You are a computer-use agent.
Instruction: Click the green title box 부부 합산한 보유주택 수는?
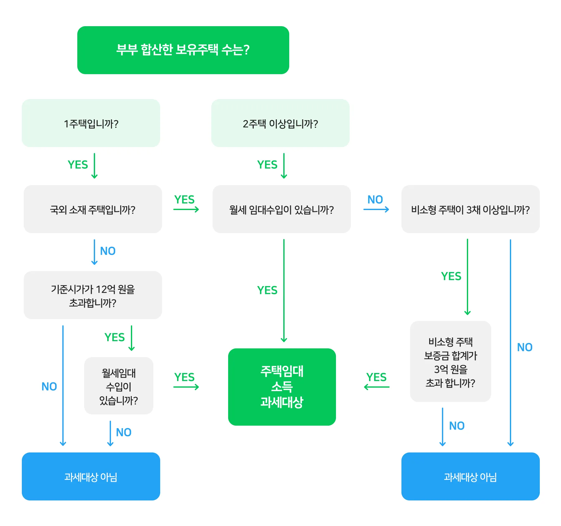click(183, 50)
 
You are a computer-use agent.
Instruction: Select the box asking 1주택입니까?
click(91, 123)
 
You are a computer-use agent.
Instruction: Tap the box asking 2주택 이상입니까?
click(280, 123)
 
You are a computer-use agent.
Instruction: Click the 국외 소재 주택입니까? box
click(93, 209)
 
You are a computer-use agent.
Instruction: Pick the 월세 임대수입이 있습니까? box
click(281, 209)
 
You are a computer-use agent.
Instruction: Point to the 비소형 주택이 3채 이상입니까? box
click(470, 209)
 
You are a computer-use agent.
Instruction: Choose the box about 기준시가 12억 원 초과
click(93, 295)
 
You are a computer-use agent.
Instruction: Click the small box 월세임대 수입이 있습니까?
click(119, 386)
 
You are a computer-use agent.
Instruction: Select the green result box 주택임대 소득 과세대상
click(282, 387)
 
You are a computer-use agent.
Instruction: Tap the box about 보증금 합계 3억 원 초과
click(450, 362)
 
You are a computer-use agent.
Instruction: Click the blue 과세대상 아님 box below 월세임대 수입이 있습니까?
click(91, 476)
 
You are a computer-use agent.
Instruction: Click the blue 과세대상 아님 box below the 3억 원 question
click(470, 476)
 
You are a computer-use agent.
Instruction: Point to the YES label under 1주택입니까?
click(78, 165)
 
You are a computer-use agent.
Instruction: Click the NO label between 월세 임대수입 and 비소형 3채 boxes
click(375, 199)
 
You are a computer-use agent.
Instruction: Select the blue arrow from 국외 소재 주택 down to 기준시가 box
click(94, 252)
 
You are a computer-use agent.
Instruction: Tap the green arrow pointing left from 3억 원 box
click(376, 387)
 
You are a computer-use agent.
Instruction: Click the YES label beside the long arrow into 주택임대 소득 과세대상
click(267, 290)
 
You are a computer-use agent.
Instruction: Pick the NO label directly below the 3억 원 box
click(457, 426)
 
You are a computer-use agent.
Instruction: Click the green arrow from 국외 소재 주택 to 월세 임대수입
click(186, 209)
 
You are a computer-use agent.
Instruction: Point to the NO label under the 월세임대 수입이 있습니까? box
click(123, 432)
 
